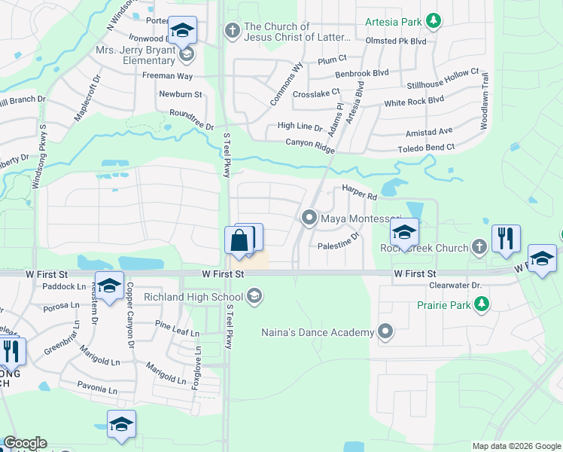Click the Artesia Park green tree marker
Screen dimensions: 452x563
pos(433,20)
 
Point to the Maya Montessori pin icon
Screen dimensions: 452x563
pos(309,218)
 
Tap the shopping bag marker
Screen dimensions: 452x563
pos(239,242)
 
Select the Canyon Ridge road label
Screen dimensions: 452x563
pos(309,145)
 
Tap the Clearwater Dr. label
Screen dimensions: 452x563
pos(455,286)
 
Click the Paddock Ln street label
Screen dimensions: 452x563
pos(65,286)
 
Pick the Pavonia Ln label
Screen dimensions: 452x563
pos(97,390)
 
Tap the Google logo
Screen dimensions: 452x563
pos(25,443)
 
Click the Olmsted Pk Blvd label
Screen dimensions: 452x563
pos(401,41)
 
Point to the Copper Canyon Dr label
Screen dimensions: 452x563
pos(129,315)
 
